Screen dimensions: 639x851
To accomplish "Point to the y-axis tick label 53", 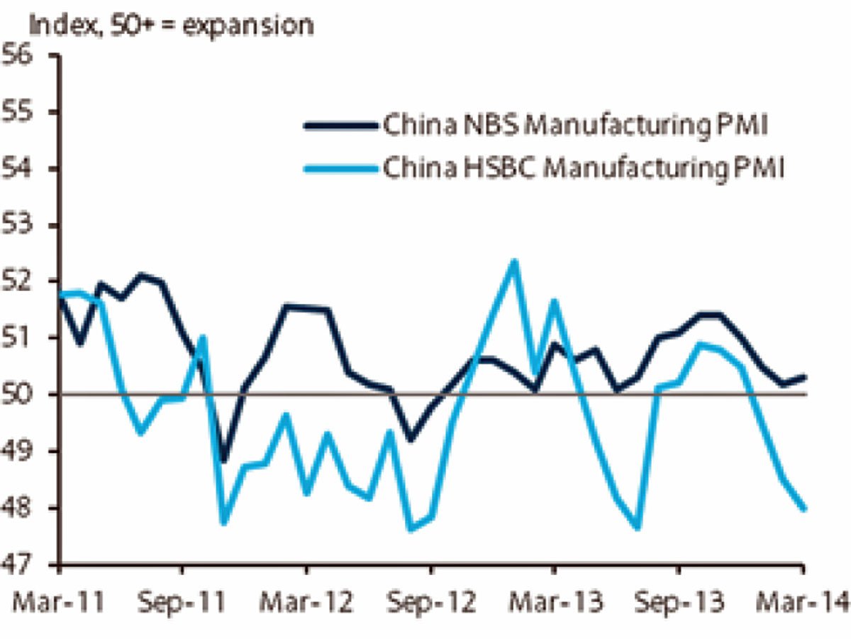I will (21, 225).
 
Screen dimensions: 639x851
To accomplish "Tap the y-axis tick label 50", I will (21, 394).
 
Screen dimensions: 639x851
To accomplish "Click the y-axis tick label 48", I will (21, 508).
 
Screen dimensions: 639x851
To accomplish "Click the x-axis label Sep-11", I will (183, 603).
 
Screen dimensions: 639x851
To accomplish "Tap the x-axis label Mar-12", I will (307, 603).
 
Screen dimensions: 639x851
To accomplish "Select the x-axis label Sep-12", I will (431, 603).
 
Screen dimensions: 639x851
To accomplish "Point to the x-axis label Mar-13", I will (555, 603).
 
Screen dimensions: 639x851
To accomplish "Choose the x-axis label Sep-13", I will (679, 603).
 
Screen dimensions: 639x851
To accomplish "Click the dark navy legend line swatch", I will (340, 126).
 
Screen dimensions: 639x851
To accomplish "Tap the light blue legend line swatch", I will (340, 168).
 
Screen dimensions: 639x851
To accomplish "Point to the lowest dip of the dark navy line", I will (224, 461).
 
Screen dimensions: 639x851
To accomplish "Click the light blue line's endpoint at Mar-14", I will (803, 508).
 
